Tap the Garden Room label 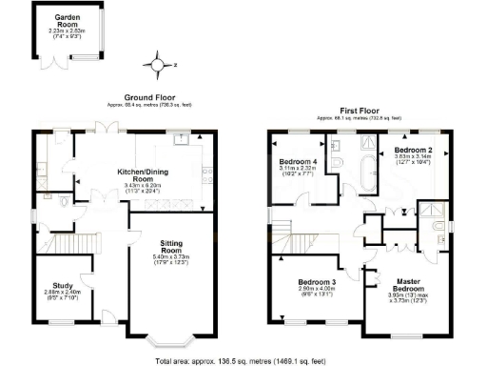[67, 18]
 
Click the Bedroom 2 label [414, 151]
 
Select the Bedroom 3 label [317, 282]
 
